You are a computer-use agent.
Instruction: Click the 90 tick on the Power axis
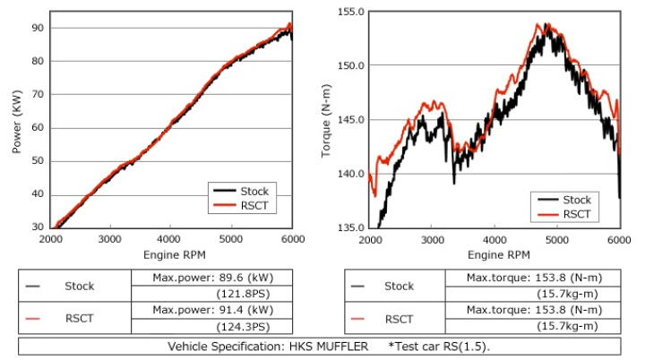(x=38, y=28)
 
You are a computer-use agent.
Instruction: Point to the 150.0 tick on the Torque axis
(x=350, y=65)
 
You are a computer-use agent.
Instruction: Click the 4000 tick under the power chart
(x=170, y=240)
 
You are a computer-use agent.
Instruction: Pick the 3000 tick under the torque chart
(x=433, y=240)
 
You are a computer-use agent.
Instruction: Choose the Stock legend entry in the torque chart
(x=576, y=200)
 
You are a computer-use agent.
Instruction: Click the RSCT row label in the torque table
(x=399, y=318)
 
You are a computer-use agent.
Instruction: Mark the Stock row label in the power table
(x=79, y=287)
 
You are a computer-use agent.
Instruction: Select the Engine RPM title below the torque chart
(x=495, y=255)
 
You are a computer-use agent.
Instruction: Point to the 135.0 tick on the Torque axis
(x=350, y=228)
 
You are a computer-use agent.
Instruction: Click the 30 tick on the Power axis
(x=38, y=228)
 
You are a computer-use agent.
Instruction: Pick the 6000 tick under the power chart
(x=293, y=240)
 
